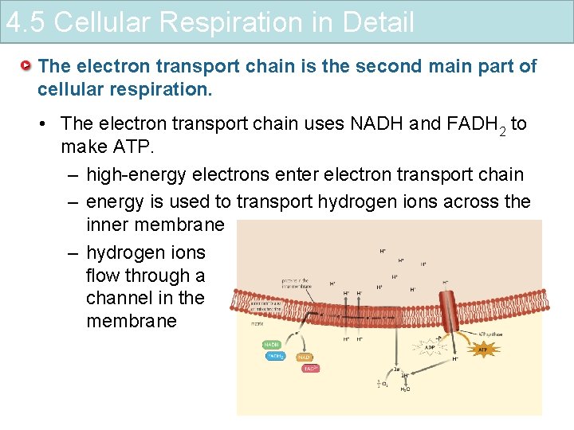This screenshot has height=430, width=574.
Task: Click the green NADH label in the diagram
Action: pos(272,344)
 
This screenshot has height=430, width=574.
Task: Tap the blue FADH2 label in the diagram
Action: pos(274,356)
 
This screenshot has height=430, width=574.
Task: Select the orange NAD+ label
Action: pos(305,358)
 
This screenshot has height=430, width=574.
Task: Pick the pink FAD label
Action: pos(311,368)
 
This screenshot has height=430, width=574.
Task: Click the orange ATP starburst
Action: pos(482,349)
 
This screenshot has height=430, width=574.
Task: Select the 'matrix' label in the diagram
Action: pos(257,324)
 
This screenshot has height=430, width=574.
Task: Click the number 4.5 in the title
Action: pos(27,21)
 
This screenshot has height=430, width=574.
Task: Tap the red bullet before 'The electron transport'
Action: pos(26,64)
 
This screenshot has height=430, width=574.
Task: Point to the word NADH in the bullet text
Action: pos(380,123)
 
